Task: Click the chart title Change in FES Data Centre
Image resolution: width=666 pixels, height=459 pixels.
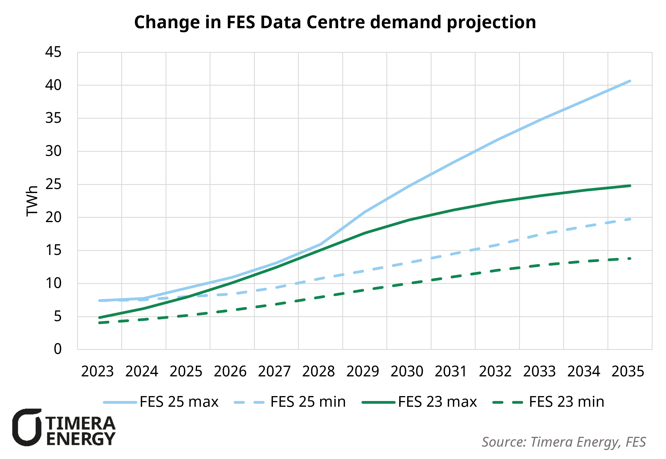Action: [335, 22]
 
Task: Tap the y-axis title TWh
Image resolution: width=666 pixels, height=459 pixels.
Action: [32, 201]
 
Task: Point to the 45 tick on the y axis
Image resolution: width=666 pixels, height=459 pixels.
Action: [54, 52]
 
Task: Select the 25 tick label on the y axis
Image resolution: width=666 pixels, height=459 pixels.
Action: [54, 184]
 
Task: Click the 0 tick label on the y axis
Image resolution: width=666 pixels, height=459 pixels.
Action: [57, 349]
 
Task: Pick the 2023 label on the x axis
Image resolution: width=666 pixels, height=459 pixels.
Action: [97, 371]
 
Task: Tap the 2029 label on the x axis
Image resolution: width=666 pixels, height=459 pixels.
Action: [363, 371]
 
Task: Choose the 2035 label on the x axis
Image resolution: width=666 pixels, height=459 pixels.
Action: [627, 371]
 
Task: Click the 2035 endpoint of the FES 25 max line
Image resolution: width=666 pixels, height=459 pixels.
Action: [630, 81]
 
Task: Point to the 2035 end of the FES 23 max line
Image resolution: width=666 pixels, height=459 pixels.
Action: [630, 186]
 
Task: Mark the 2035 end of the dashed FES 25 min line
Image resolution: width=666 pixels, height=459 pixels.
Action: [630, 219]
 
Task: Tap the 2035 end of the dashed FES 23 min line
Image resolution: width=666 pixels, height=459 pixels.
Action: [630, 258]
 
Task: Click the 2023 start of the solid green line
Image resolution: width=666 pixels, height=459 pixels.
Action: [100, 318]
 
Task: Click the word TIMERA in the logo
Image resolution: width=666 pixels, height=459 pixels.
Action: [80, 423]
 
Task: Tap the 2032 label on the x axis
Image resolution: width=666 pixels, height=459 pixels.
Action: [495, 371]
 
